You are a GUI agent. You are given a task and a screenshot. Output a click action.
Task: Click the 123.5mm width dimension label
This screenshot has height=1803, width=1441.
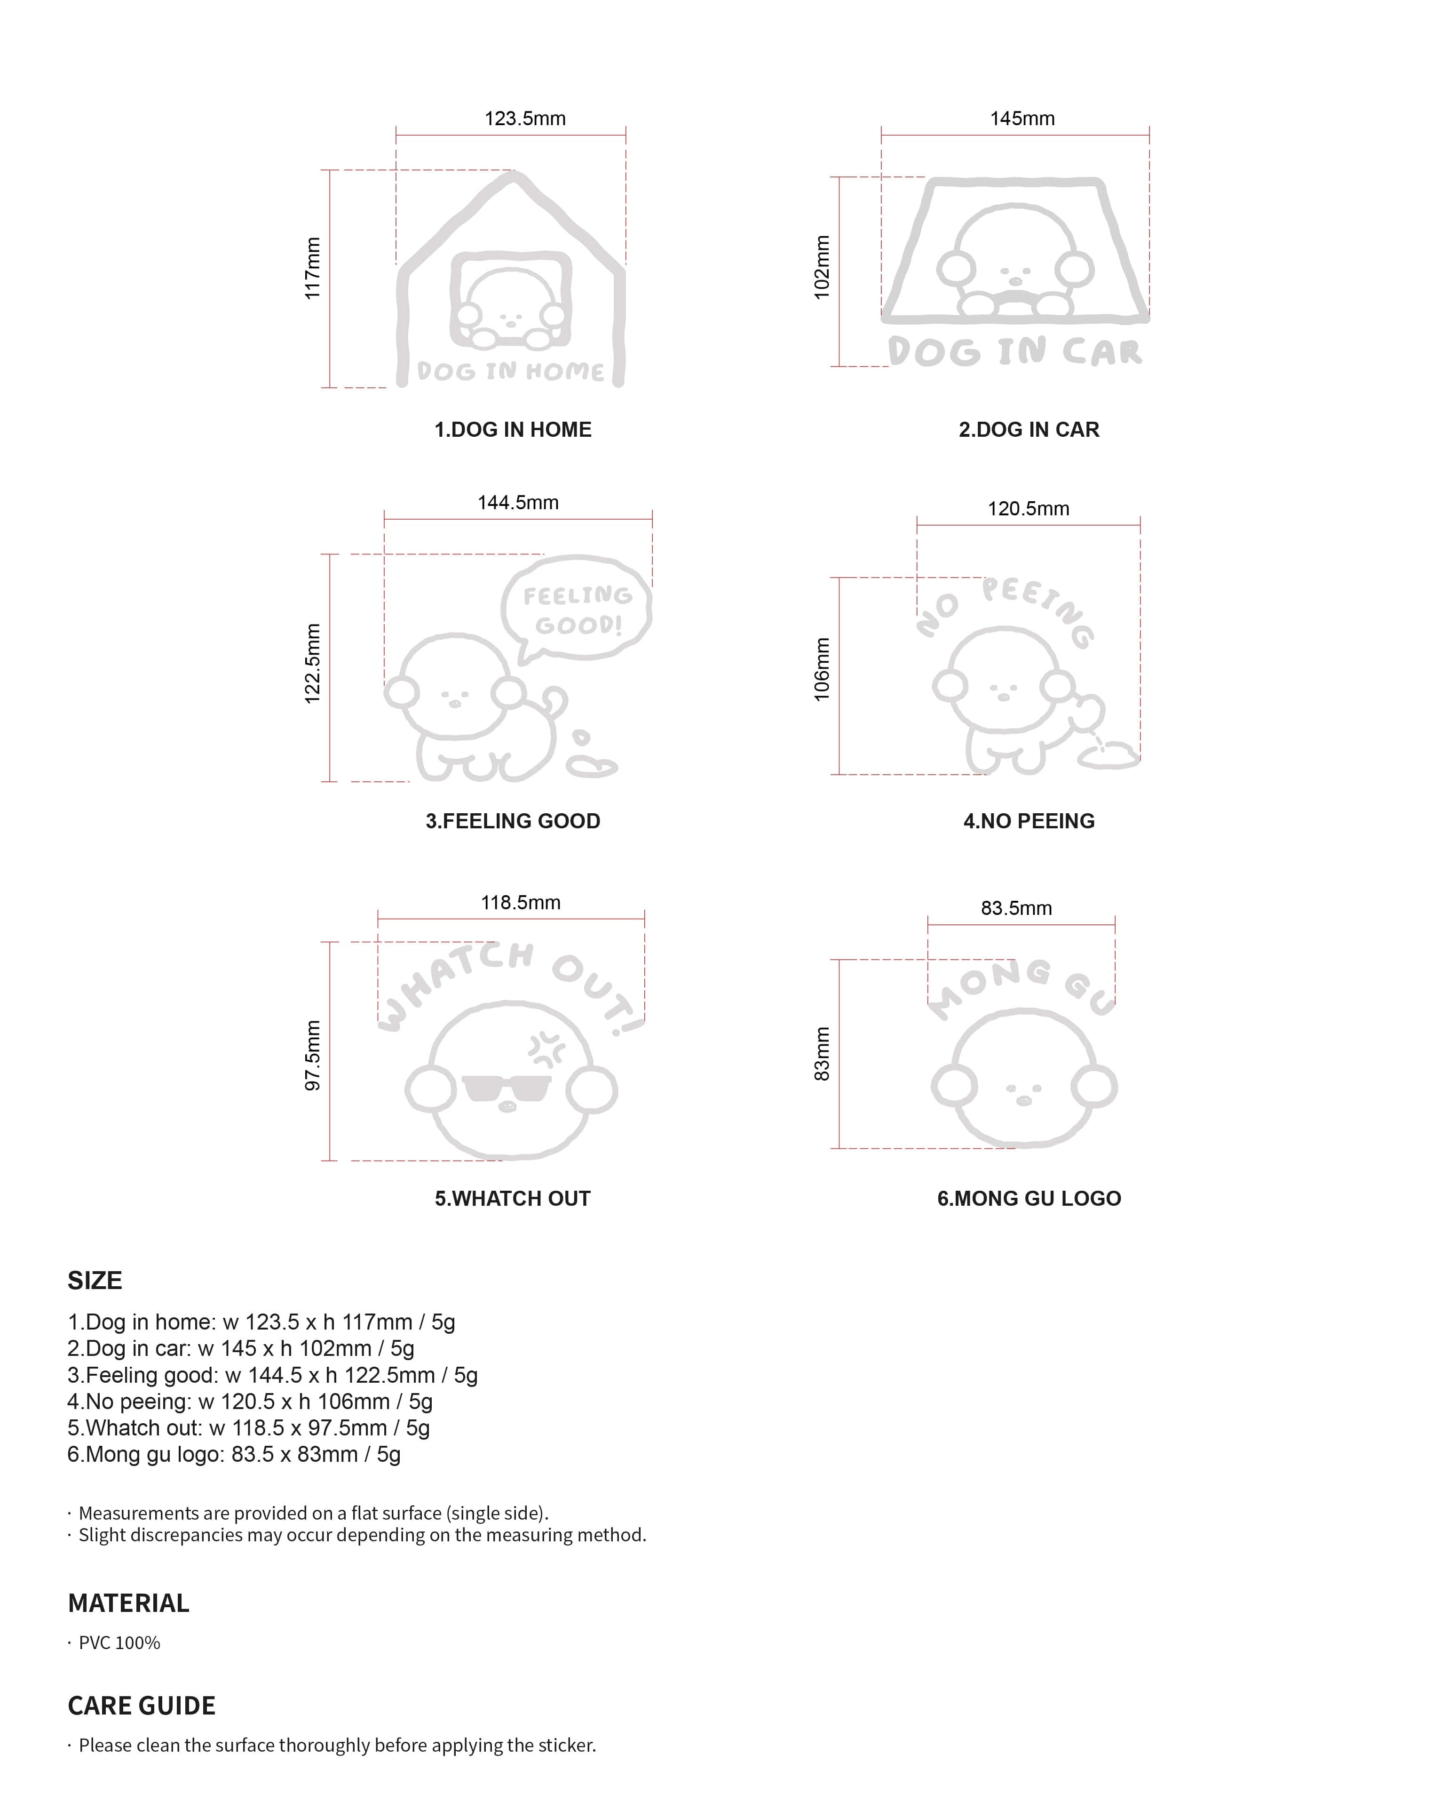[x=525, y=119]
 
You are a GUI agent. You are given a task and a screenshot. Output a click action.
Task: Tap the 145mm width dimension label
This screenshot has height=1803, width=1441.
[x=1022, y=119]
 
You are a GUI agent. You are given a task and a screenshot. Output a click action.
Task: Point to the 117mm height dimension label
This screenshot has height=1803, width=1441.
[x=312, y=268]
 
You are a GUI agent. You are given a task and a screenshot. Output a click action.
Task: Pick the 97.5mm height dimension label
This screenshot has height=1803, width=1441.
[x=312, y=1055]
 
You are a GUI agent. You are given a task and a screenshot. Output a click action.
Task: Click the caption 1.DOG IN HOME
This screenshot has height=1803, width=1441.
[x=512, y=430]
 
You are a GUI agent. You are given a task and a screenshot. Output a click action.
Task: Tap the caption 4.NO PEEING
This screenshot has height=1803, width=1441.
[x=1029, y=821]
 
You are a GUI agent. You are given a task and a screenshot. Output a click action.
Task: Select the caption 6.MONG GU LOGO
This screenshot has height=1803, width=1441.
[x=1029, y=1198]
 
